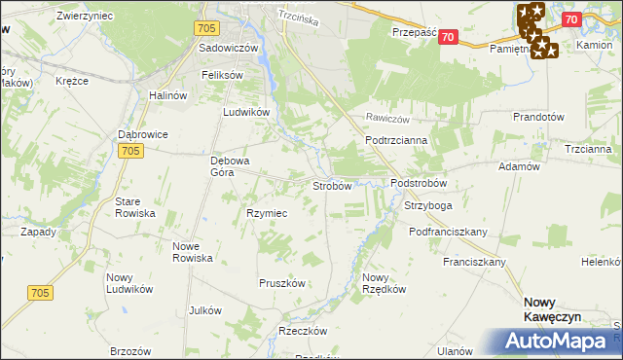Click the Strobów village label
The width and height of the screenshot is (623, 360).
click(331, 186)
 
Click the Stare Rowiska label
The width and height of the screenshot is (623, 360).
click(135, 207)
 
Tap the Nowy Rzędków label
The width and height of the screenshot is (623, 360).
click(381, 283)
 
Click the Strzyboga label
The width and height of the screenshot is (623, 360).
click(428, 206)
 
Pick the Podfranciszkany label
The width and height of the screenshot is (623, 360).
click(449, 232)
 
